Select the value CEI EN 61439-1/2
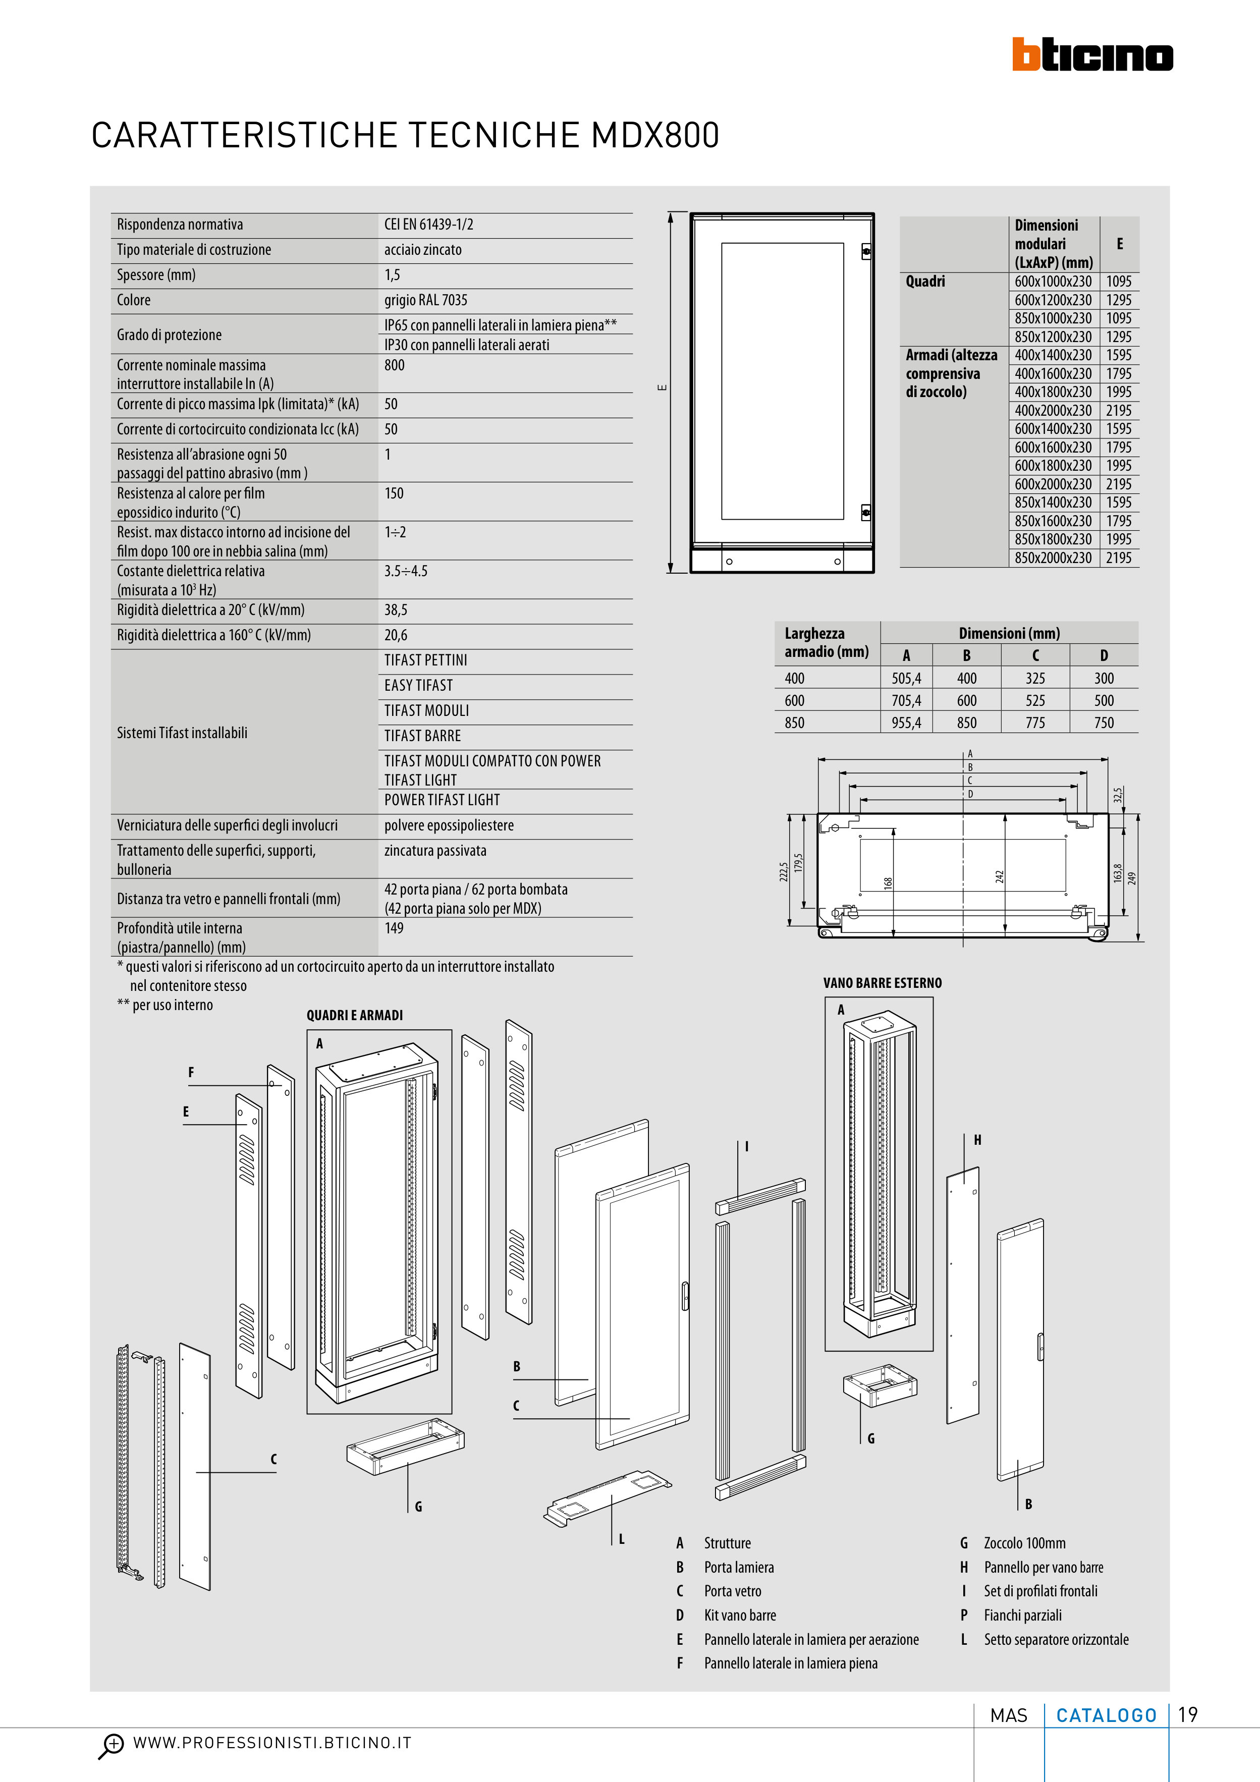428,225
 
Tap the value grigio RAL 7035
425,300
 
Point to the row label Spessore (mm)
156,275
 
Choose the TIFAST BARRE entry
422,736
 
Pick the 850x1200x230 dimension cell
1053,337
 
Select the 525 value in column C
1035,701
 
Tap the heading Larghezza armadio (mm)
826,643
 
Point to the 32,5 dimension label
1118,796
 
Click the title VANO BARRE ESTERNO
882,983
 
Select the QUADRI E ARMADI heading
355,1015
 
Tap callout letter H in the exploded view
977,1140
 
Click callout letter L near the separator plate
622,1540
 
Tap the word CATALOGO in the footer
1106,1715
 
